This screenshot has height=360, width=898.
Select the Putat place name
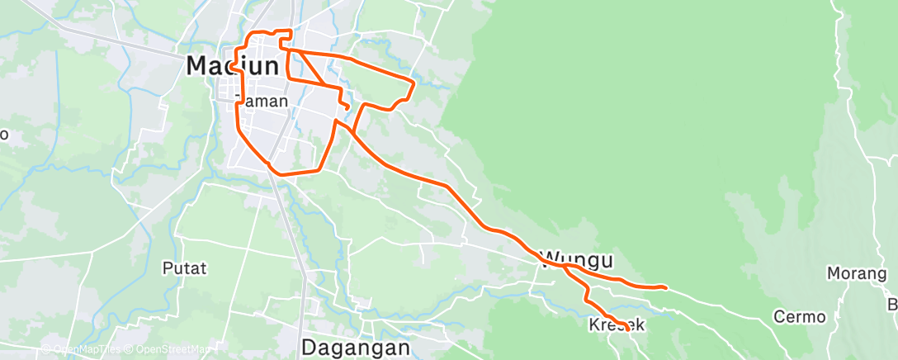click(184, 268)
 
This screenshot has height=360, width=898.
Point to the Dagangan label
click(355, 348)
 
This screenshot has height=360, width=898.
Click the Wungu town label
click(577, 261)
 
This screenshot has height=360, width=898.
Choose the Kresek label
click(617, 324)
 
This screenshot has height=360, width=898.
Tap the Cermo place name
click(799, 316)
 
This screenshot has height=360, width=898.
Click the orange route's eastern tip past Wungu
click(665, 287)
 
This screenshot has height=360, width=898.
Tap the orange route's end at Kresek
click(627, 329)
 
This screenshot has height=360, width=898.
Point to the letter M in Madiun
click(199, 65)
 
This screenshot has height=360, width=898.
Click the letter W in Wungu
click(550, 261)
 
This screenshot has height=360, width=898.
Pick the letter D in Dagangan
click(310, 348)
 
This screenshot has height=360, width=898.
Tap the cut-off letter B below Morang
click(892, 305)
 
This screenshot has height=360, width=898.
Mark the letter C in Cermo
click(779, 316)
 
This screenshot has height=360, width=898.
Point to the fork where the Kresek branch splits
click(566, 267)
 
